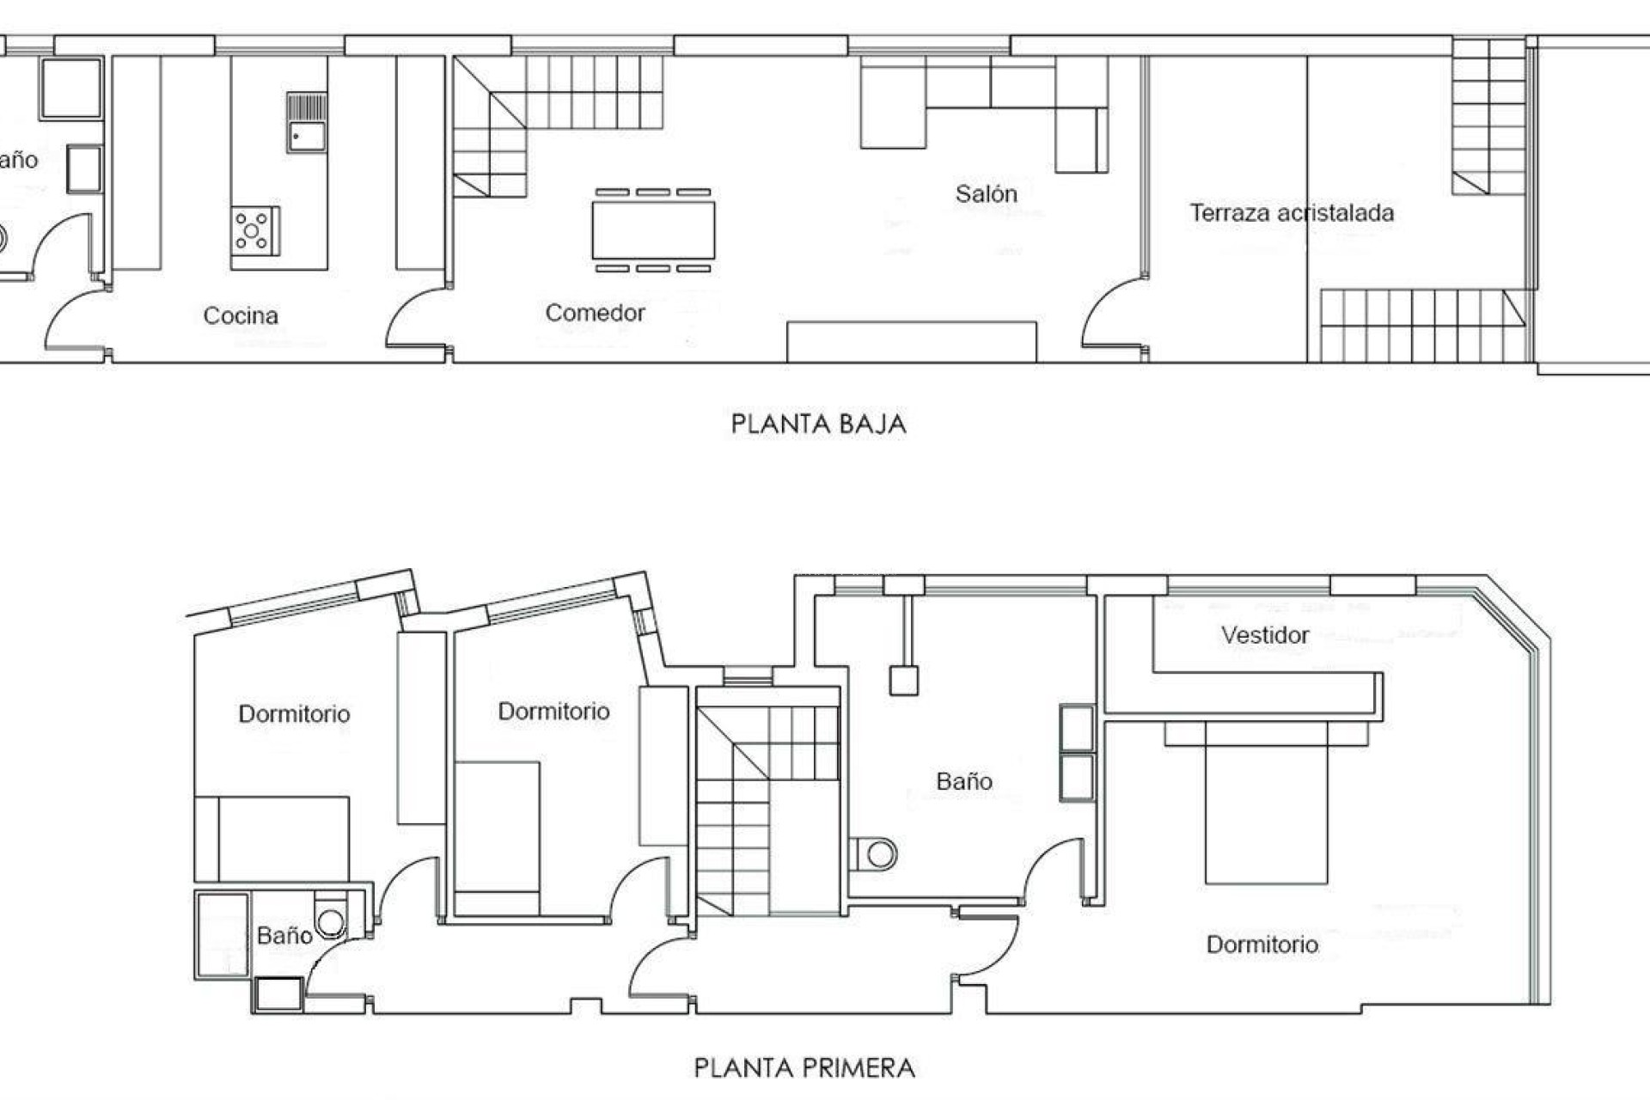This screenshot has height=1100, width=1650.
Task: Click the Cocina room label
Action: [x=241, y=315]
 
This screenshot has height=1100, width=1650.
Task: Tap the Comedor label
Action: [x=595, y=313]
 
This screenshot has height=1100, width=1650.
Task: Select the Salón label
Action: [x=986, y=194]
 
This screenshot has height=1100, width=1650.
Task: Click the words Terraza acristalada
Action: [x=1291, y=213]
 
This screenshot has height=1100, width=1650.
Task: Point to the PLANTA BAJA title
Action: [x=818, y=424]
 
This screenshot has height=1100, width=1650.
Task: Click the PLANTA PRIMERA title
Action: [x=804, y=1068]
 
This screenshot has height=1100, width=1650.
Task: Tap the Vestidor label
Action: [x=1265, y=635]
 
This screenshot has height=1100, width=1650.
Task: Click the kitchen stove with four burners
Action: [x=254, y=231]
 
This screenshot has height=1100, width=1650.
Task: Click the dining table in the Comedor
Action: [x=653, y=230]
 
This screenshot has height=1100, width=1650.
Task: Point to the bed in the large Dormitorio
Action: [x=1266, y=804]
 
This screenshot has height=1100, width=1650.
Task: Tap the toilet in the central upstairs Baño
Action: [x=877, y=854]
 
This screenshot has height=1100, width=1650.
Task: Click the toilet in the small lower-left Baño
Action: [x=331, y=921]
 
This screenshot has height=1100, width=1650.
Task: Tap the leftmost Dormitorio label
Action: [x=294, y=714]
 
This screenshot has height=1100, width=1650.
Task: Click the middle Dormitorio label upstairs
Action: [x=553, y=712]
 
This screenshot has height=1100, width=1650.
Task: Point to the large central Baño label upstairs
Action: [x=964, y=781]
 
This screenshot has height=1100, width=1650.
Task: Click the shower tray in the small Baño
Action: [x=223, y=934]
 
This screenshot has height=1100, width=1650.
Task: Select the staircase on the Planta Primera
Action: [x=756, y=808]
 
